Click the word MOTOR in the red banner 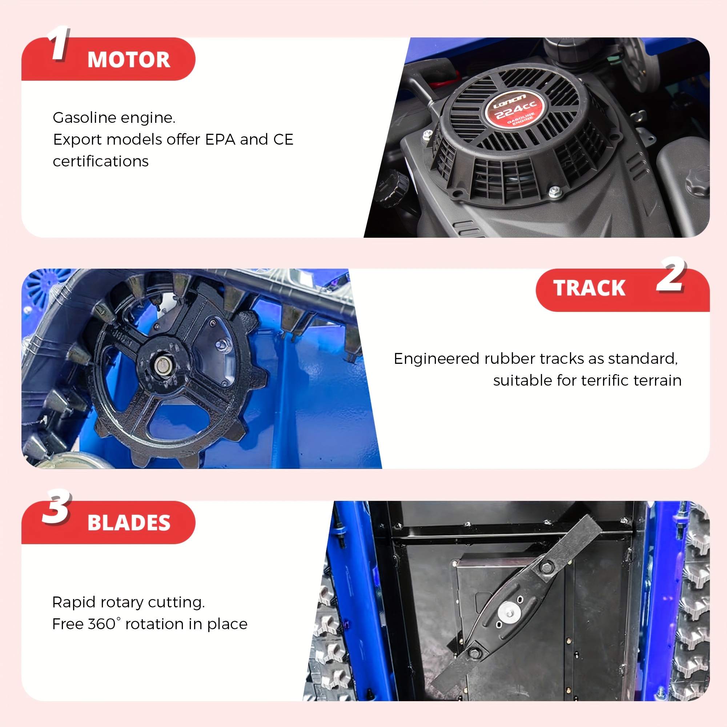tap(129, 60)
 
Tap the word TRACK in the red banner tap(589, 288)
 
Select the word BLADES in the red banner tap(129, 523)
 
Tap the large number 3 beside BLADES tap(56, 506)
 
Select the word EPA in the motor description tap(220, 140)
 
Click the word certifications tap(101, 161)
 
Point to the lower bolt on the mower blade tap(474, 653)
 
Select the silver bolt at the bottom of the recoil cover tap(555, 192)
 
